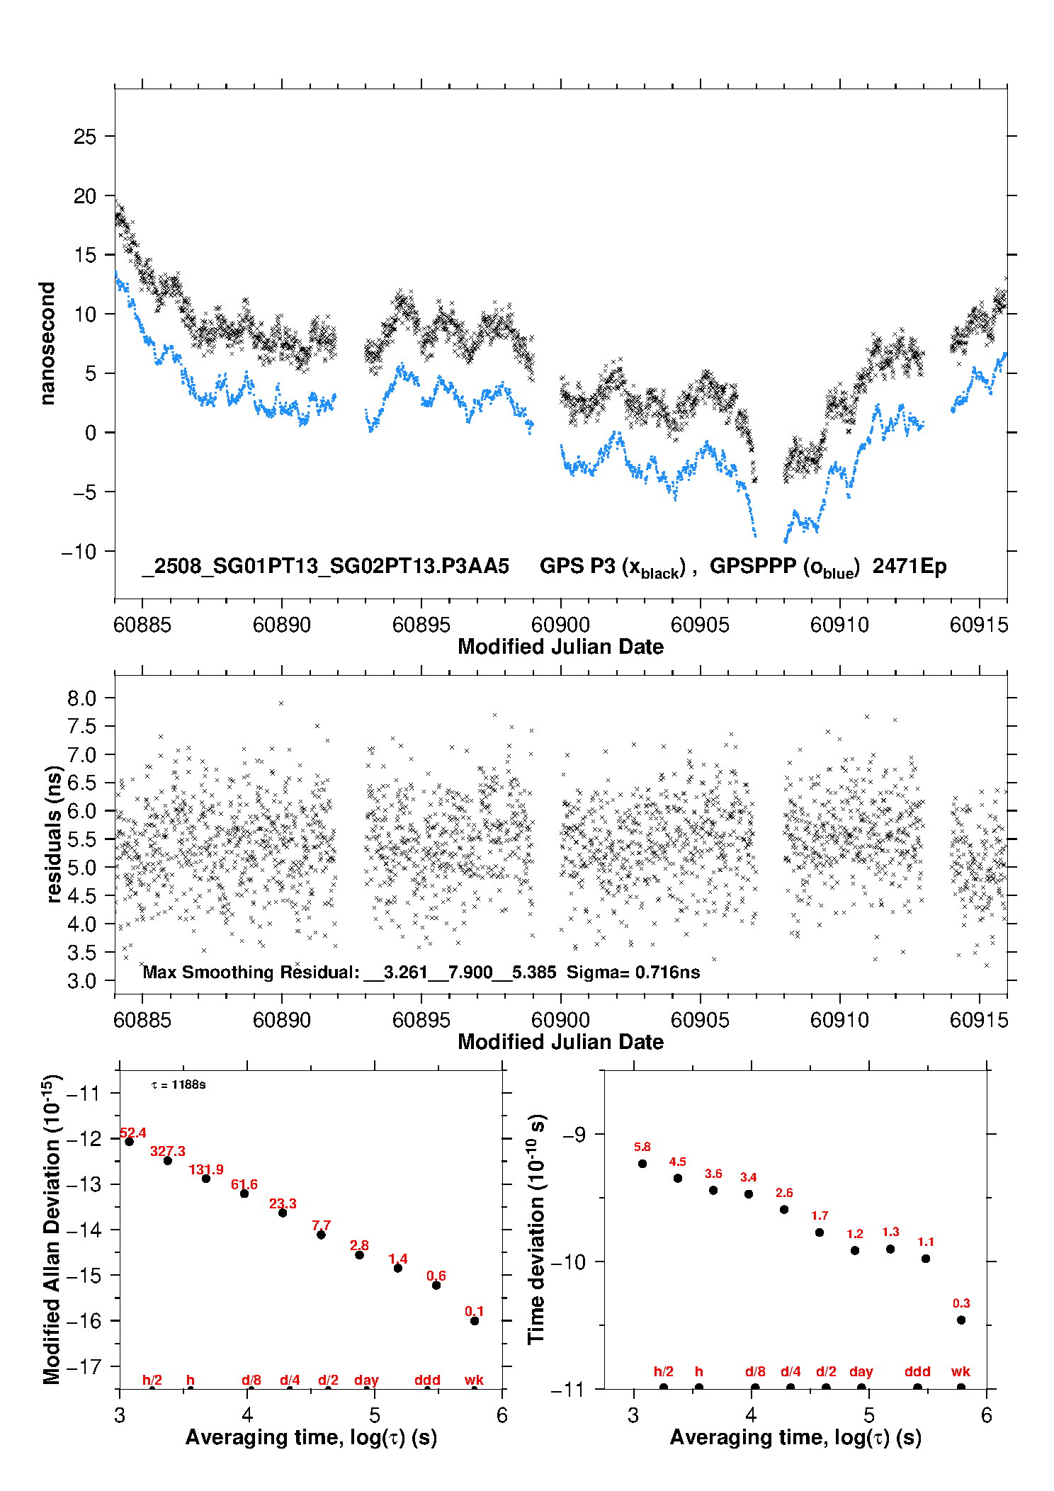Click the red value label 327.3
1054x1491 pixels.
click(x=167, y=1151)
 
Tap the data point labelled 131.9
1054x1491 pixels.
click(x=206, y=1179)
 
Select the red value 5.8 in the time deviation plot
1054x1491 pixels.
click(x=642, y=1147)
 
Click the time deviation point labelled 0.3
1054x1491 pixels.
click(x=961, y=1320)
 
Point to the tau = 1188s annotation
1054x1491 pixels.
click(x=178, y=1084)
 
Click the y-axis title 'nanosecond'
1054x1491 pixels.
click(x=47, y=344)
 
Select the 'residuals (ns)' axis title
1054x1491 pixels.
click(x=54, y=834)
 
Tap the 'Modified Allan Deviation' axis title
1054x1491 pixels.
click(x=52, y=1229)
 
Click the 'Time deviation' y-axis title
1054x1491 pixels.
click(x=536, y=1230)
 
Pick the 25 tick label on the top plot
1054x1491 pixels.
click(x=85, y=136)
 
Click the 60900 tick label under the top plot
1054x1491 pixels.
click(x=560, y=624)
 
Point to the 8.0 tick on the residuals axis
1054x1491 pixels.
click(x=81, y=698)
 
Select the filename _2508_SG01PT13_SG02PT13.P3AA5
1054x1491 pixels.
click(x=325, y=566)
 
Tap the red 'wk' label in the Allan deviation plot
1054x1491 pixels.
click(x=474, y=1379)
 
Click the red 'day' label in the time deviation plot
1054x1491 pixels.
click(x=861, y=1372)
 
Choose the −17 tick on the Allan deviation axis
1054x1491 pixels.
click(x=84, y=1366)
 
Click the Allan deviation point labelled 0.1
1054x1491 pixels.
click(x=475, y=1320)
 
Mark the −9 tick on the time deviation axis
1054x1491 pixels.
click(x=574, y=1134)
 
